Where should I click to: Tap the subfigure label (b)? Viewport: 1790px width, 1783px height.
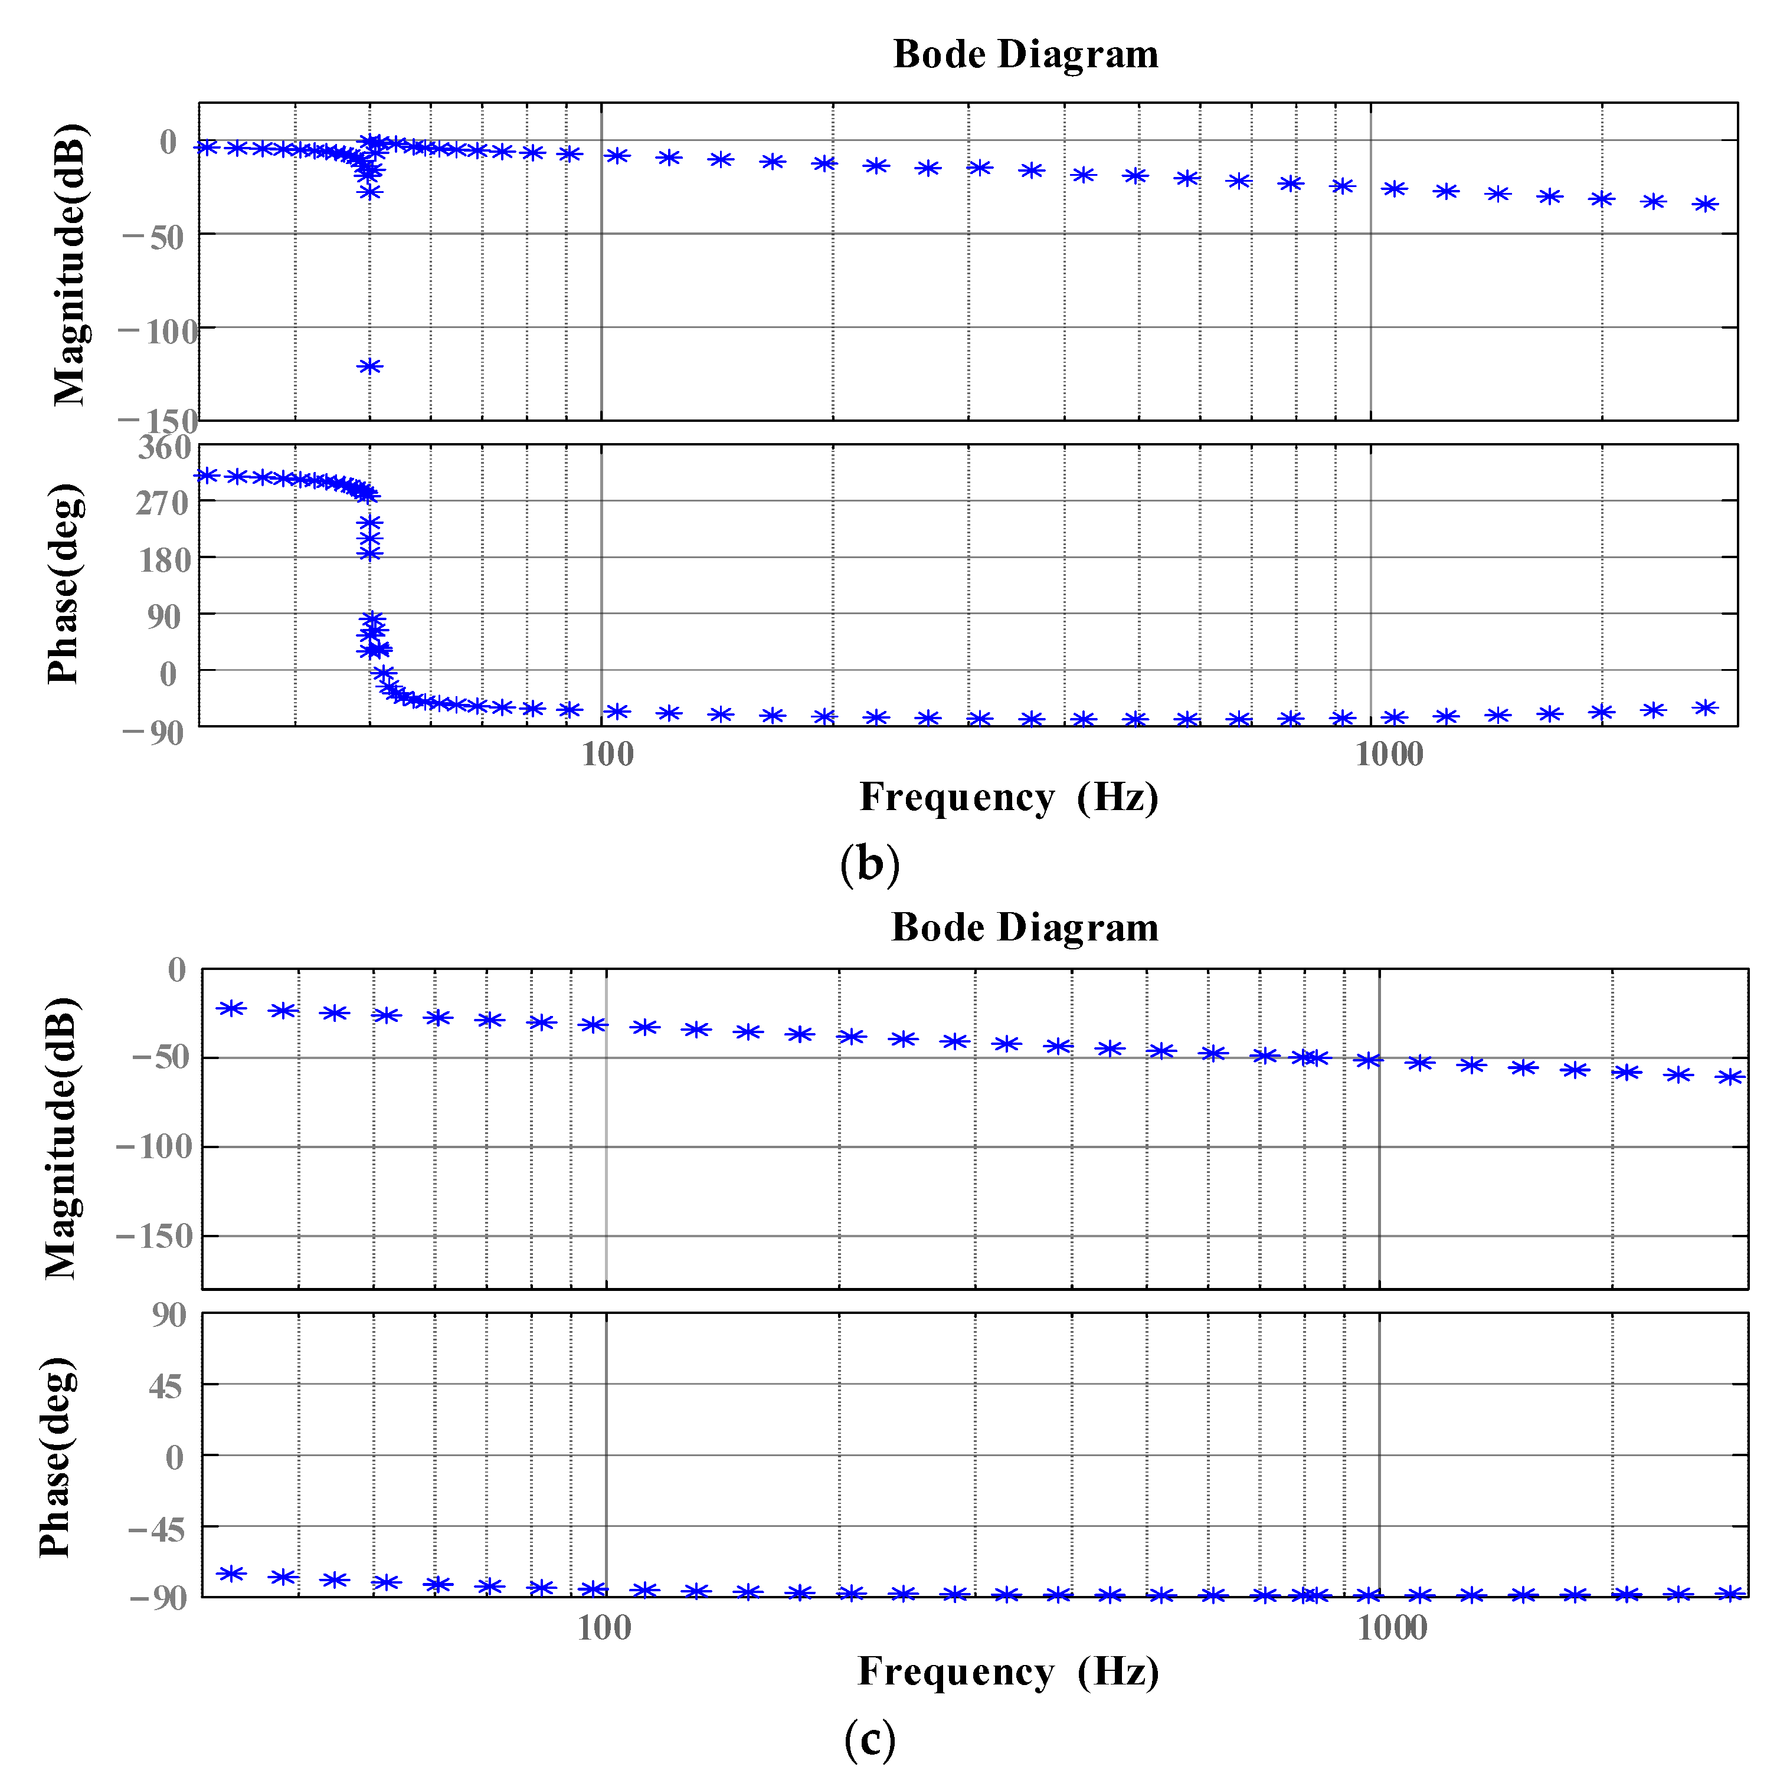tap(869, 864)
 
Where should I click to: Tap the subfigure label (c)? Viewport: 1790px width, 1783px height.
tap(869, 1739)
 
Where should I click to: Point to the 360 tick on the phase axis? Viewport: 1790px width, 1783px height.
tap(164, 448)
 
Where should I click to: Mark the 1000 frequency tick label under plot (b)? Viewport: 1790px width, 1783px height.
tap(1388, 755)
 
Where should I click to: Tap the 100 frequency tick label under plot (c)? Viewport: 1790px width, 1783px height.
tap(604, 1628)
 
